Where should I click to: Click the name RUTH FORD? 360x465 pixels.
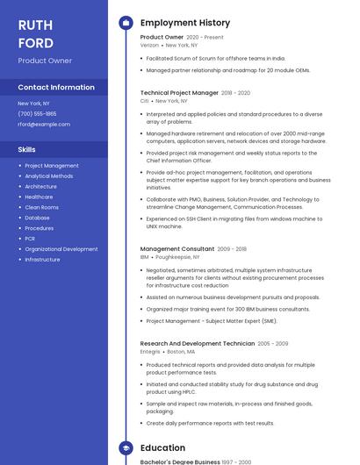coord(36,33)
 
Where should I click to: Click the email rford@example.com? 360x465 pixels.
coord(44,124)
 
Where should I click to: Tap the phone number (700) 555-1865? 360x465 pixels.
coord(37,113)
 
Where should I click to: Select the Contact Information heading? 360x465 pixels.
coord(56,87)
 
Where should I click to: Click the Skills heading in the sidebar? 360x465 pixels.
coord(26,149)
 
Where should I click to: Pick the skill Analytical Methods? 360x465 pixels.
coord(49,175)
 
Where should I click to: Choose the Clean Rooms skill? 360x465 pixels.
coord(42,207)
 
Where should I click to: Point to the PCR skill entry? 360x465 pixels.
coord(30,239)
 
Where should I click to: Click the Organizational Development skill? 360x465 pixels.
coord(61,249)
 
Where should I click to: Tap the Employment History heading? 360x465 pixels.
coord(185,23)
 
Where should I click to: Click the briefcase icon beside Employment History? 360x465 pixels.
coord(126,23)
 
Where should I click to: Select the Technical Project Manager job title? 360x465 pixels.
coord(179,92)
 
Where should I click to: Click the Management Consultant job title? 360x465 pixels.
coord(176,248)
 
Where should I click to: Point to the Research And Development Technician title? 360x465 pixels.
coord(197,343)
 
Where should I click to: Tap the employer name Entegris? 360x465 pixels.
coord(150,351)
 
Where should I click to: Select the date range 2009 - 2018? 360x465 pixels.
coord(232,249)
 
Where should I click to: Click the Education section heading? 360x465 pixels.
coord(162,447)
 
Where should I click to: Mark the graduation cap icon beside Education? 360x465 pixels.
coord(126,447)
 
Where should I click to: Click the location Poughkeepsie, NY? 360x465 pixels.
coord(178,257)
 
